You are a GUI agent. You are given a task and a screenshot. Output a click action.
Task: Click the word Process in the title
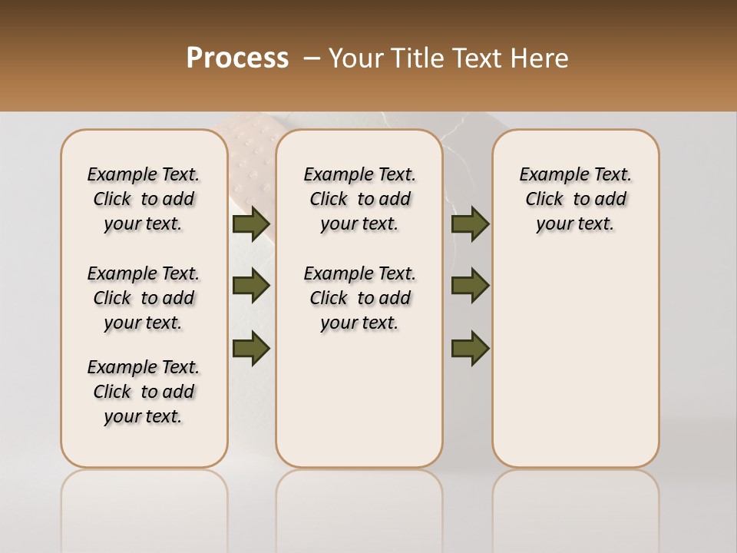click(237, 58)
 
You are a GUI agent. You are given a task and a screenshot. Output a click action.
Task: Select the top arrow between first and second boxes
click(250, 224)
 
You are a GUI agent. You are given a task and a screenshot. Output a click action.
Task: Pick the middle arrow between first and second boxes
click(250, 286)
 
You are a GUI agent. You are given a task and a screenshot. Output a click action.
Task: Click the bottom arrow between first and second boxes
click(250, 347)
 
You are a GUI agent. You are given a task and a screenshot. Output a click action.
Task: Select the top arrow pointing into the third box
click(470, 224)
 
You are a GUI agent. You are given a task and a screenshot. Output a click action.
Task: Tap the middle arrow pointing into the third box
click(470, 286)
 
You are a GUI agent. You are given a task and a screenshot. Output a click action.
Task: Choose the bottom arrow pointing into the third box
click(470, 347)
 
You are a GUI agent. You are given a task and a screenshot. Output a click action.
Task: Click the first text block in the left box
click(144, 199)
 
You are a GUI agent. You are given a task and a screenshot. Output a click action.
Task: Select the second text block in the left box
click(144, 298)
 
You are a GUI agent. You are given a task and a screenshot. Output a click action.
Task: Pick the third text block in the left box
click(144, 392)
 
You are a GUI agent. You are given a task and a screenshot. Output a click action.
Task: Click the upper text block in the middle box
click(359, 199)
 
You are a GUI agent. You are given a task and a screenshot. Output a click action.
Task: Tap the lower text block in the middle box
click(359, 298)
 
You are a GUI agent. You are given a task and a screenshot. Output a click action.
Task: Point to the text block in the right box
click(575, 199)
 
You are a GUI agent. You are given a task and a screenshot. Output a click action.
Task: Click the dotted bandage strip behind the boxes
click(250, 161)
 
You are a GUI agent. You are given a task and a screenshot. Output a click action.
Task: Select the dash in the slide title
click(312, 58)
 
